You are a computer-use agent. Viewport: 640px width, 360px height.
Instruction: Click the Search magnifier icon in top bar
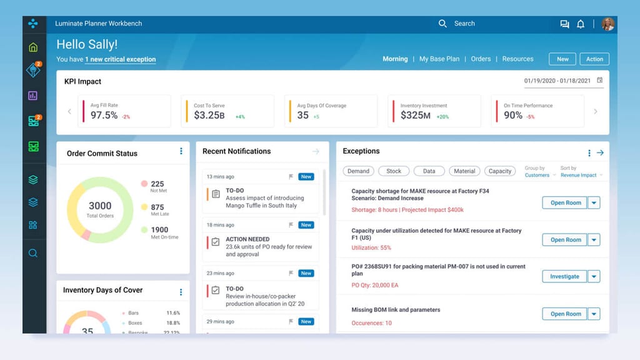442,24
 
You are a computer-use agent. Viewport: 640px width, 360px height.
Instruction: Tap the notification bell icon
581,24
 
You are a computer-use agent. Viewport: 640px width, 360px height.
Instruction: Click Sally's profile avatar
607,24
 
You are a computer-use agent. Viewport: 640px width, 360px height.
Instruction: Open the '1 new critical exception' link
121,59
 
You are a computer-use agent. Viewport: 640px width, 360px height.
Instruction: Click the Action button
594,59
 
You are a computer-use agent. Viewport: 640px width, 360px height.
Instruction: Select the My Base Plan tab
439,59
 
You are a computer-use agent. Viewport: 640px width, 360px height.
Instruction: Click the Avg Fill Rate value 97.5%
104,116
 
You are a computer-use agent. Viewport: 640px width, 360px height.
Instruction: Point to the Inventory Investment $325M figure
416,116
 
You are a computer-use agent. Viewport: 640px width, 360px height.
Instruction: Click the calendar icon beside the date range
600,81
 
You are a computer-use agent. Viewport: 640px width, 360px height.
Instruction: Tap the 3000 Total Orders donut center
100,209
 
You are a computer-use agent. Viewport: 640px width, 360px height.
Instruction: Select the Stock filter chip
394,171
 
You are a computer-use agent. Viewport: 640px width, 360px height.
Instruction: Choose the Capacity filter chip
499,171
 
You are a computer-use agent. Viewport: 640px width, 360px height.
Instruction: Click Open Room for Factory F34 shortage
565,203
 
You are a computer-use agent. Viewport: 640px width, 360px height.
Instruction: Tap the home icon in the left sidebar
33,47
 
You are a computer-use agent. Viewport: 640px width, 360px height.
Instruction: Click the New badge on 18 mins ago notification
306,225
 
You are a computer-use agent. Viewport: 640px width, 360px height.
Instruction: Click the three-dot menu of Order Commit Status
181,151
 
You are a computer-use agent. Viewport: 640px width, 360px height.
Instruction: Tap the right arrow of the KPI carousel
595,112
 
